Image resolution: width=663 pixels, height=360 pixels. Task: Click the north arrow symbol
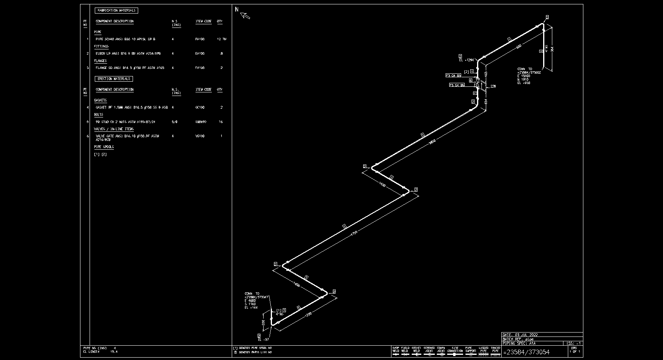(x=245, y=16)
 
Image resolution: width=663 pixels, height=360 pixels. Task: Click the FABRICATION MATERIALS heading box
(x=116, y=11)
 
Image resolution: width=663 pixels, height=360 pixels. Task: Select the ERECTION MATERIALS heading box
(x=114, y=79)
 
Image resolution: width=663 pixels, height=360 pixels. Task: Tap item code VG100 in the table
(x=200, y=136)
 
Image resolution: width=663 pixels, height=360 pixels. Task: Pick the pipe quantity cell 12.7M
(x=221, y=39)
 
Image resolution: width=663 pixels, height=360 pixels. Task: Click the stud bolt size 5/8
(x=174, y=122)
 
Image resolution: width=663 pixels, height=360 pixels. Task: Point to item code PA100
(x=200, y=39)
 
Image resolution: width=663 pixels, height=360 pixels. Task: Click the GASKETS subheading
(x=100, y=100)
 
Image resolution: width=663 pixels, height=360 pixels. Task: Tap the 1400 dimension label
(x=382, y=185)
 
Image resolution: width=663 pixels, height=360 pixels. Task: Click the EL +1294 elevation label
(x=467, y=60)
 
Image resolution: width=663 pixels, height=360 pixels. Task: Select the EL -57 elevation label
(x=263, y=340)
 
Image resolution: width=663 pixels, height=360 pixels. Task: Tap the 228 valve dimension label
(x=493, y=86)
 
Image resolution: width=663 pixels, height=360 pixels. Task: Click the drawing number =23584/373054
(x=527, y=352)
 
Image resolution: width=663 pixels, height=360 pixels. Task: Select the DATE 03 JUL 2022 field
(x=520, y=335)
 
